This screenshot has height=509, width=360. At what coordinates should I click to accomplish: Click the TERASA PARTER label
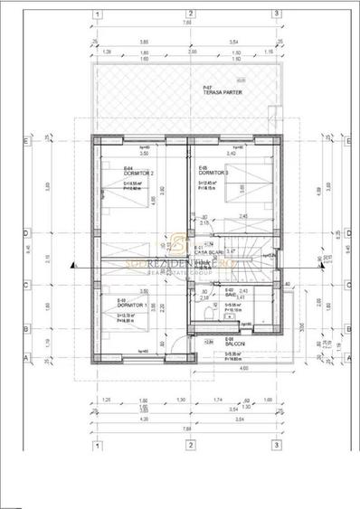(217, 93)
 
